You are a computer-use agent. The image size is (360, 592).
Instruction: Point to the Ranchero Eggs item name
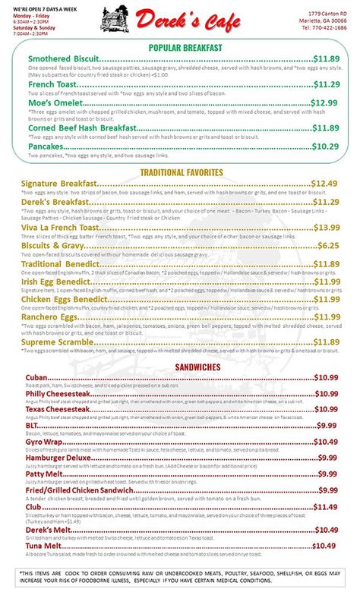pyautogui.click(x=53, y=317)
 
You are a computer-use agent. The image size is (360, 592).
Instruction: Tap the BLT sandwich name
pyautogui.click(x=33, y=425)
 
